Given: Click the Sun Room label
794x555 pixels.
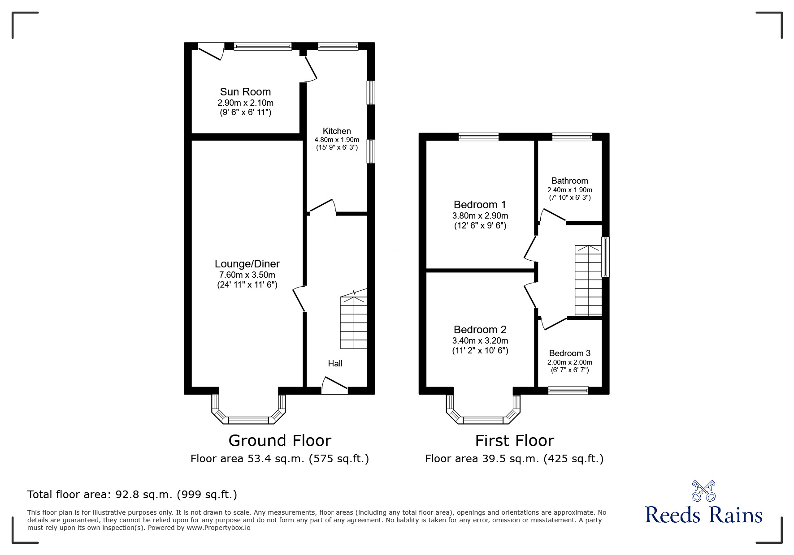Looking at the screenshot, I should pyautogui.click(x=245, y=92).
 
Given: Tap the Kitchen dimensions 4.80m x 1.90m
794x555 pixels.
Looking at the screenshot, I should pyautogui.click(x=337, y=140).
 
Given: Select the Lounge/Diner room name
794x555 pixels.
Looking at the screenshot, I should pyautogui.click(x=247, y=264).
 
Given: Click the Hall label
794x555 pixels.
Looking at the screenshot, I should pyautogui.click(x=335, y=363).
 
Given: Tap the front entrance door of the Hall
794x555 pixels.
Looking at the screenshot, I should pyautogui.click(x=334, y=385).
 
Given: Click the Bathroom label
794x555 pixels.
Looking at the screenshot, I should pyautogui.click(x=569, y=181).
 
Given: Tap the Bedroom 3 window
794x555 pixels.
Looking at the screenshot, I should pyautogui.click(x=568, y=391).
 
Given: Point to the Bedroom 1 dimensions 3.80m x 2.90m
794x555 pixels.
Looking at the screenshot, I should pyautogui.click(x=480, y=216).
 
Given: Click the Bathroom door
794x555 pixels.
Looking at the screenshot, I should pyautogui.click(x=553, y=216).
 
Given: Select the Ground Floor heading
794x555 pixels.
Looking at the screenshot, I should pyautogui.click(x=280, y=441).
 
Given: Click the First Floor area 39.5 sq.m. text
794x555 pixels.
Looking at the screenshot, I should pyautogui.click(x=514, y=459).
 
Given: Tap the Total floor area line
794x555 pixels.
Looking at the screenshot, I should pyautogui.click(x=132, y=495).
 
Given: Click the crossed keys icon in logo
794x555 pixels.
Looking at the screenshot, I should pyautogui.click(x=703, y=491).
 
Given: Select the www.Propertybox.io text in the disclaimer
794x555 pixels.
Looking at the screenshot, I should pyautogui.click(x=219, y=528).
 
